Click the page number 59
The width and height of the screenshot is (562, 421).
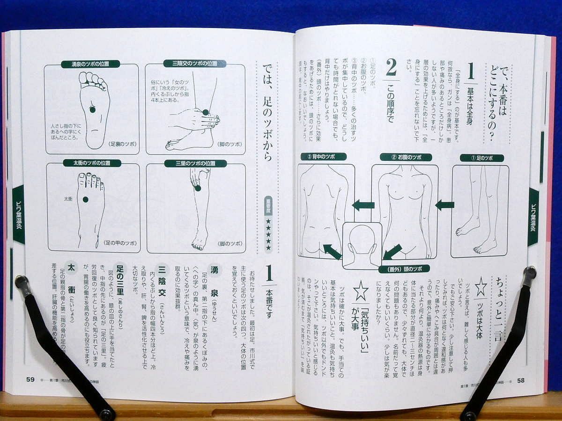click(30, 379)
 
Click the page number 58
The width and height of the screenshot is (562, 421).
click(521, 380)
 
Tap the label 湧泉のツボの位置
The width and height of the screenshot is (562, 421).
click(90, 64)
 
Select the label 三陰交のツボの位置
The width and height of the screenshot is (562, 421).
click(194, 64)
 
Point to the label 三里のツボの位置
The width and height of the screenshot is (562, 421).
click(195, 163)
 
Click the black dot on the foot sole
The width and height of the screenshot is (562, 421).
click(92, 109)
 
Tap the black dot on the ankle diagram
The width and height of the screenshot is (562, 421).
click(205, 112)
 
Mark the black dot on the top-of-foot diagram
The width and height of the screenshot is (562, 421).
click(85, 199)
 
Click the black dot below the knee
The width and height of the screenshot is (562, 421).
click(198, 188)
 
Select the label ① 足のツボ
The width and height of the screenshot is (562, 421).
click(481, 158)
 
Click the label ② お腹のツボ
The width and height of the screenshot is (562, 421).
click(406, 157)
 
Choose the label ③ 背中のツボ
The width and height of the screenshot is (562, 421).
click(324, 156)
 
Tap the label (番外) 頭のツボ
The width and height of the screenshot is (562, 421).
click(402, 269)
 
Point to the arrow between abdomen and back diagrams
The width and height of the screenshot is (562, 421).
click(363, 205)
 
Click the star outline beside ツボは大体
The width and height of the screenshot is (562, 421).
click(481, 286)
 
